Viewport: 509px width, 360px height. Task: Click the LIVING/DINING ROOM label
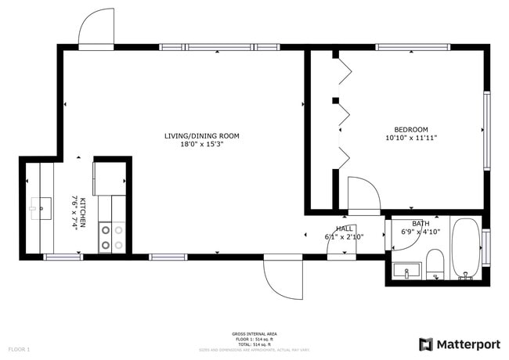(201, 135)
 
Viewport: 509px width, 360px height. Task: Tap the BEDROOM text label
(410, 129)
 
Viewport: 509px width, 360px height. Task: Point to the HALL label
(345, 228)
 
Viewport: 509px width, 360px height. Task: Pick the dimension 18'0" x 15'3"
(201, 144)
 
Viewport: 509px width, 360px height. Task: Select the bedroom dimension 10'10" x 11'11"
(410, 138)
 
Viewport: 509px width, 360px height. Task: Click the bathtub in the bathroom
(467, 248)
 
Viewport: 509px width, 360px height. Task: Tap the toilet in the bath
(435, 264)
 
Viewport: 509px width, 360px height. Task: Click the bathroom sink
(406, 272)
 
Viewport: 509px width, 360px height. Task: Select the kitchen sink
(41, 208)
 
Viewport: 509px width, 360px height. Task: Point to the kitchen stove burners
(111, 237)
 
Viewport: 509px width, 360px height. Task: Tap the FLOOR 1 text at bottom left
(19, 348)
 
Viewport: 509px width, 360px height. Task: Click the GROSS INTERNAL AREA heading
(254, 333)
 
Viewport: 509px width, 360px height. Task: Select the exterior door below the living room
(283, 277)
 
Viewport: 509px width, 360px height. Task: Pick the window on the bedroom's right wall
(486, 131)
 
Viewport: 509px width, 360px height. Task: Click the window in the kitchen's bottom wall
(63, 257)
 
